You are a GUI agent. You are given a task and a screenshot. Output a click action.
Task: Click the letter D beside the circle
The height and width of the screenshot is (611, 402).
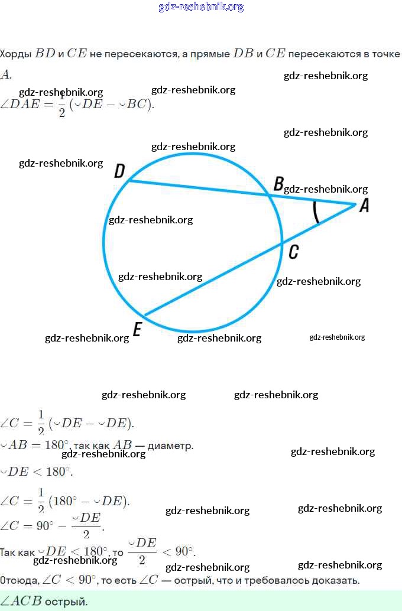(119, 171)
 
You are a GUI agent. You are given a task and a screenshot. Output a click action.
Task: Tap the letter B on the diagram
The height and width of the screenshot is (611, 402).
(278, 184)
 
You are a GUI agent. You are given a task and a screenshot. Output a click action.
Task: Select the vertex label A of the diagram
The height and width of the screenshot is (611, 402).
(364, 205)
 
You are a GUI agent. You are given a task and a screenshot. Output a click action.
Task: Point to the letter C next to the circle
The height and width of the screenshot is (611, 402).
(293, 252)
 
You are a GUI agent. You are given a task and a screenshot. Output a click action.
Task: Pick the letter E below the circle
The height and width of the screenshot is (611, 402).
(137, 329)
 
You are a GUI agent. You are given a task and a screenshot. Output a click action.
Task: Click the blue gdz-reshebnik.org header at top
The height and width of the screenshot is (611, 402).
(201, 7)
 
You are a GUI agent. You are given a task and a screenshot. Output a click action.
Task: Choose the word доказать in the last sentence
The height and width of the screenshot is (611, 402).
(338, 580)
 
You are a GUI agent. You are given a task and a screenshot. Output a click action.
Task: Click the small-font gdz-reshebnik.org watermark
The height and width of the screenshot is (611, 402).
(337, 337)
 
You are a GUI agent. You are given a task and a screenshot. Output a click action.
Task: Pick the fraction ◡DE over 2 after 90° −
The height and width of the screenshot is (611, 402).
(86, 524)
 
